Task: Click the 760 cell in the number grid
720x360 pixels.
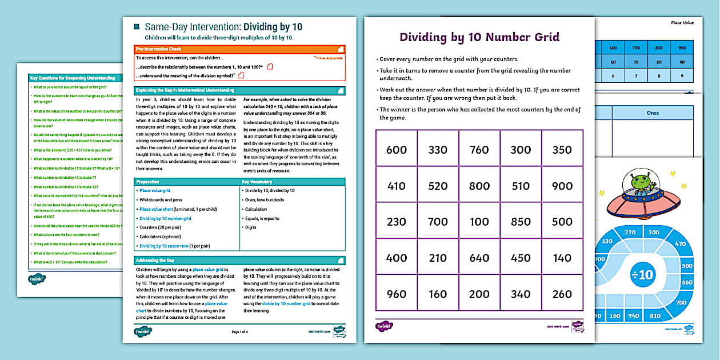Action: point(479,150)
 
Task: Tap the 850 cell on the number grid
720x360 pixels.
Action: point(521,222)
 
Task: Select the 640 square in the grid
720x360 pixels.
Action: point(479,258)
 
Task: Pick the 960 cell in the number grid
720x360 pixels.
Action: point(397,294)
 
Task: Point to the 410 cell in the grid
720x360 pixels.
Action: point(397,186)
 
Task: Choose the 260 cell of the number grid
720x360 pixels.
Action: point(562,294)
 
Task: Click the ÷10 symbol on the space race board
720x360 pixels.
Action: point(642,275)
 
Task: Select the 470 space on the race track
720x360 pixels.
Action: point(679,244)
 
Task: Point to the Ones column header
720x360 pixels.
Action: point(653,113)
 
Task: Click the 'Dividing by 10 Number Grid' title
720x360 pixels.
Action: point(479,38)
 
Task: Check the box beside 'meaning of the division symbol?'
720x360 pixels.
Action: point(241,75)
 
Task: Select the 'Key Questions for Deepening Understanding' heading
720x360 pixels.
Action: point(73,77)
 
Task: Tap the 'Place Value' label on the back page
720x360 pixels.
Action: point(682,23)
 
